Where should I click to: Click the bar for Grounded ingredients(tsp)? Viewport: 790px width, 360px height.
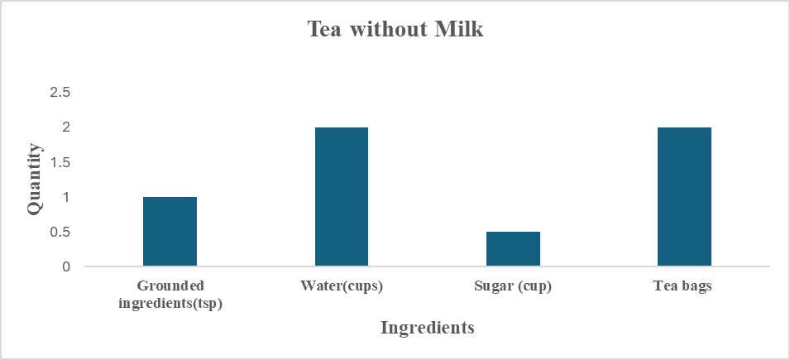tap(170, 232)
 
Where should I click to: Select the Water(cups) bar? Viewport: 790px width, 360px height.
tap(341, 197)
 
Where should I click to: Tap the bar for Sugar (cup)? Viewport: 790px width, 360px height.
tap(513, 249)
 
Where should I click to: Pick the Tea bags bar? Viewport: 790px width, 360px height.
tap(684, 197)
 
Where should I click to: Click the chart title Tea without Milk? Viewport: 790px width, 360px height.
tap(395, 30)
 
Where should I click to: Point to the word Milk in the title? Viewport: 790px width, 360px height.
tap(460, 30)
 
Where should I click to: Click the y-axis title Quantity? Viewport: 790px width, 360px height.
tap(34, 179)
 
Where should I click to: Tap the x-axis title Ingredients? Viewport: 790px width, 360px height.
tap(427, 328)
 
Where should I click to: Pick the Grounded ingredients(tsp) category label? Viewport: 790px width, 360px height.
tap(170, 295)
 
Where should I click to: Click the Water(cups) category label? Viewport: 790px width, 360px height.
tap(342, 288)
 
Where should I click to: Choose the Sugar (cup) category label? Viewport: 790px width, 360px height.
tap(513, 288)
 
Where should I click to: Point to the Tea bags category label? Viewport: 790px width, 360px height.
tap(684, 288)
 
